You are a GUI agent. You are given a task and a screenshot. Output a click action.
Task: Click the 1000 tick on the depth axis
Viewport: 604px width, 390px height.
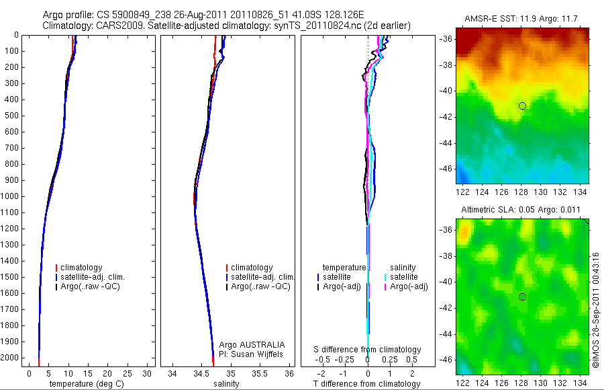[x=11, y=196]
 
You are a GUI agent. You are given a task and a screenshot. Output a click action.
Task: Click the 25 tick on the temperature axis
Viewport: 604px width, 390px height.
[x=128, y=373]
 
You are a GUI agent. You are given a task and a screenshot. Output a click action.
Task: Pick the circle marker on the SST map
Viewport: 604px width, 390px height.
[x=522, y=106]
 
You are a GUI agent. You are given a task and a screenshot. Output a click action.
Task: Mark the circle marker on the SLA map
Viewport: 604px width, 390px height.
[x=522, y=297]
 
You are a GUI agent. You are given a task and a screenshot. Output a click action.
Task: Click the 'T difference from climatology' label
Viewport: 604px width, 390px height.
[x=368, y=384]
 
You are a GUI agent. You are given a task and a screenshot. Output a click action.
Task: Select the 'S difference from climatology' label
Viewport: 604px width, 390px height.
[x=368, y=350]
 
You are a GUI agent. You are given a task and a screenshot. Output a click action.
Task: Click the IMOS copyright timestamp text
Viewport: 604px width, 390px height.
[x=596, y=310]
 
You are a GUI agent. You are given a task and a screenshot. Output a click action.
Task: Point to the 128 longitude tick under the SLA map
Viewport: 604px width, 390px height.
[x=522, y=381]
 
